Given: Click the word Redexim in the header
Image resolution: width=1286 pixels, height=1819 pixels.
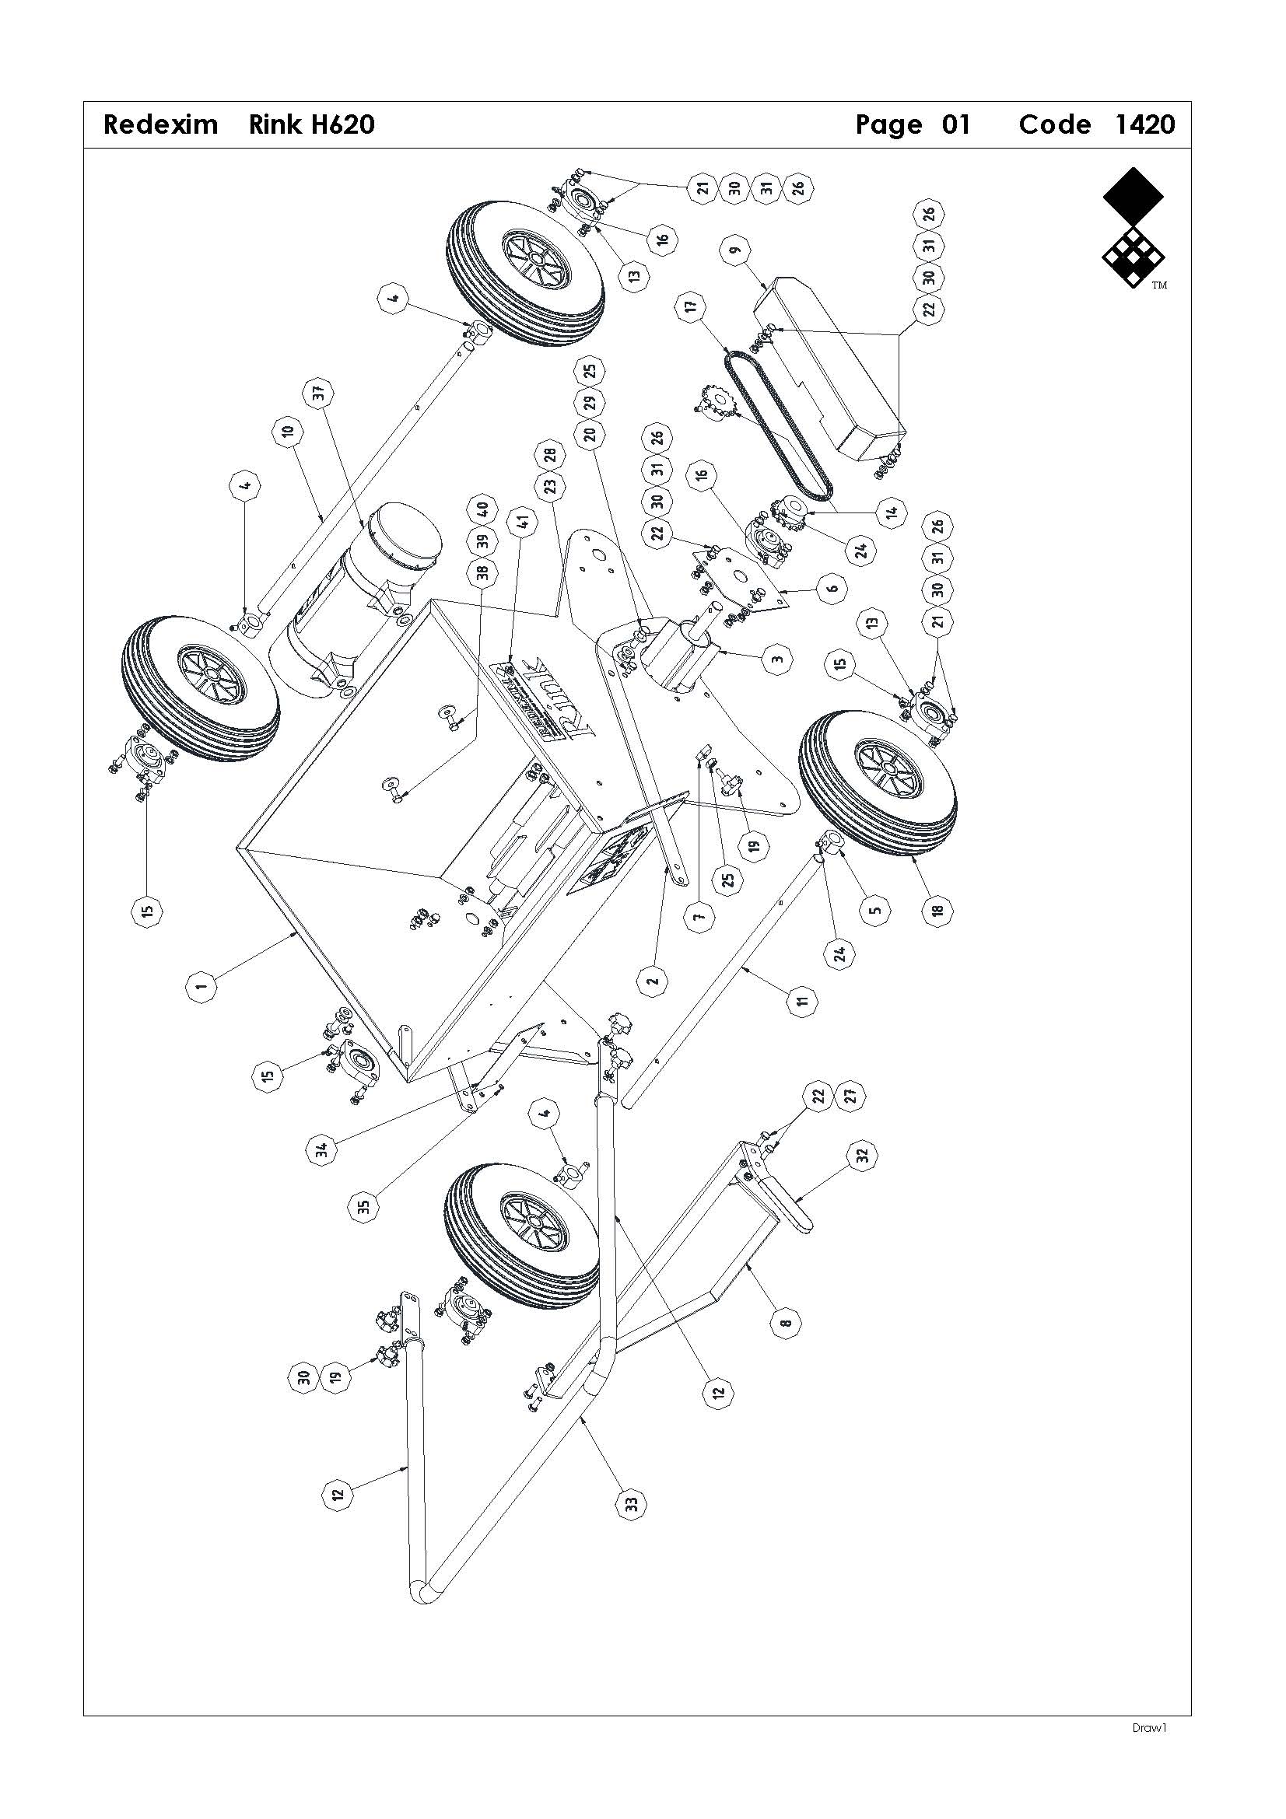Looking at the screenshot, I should pos(160,124).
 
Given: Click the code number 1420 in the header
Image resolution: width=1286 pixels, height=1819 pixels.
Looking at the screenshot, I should pos(1144,124).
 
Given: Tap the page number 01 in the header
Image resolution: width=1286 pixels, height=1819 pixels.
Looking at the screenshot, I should pos(955,124).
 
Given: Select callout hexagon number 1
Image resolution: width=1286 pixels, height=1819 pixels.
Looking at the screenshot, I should pos(202,986).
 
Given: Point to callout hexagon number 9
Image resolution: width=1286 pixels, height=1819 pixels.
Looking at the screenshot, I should pos(736,251).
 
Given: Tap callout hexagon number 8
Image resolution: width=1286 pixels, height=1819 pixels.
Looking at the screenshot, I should pos(785,1322).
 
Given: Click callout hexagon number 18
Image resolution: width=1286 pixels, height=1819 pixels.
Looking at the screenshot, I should pos(937,911).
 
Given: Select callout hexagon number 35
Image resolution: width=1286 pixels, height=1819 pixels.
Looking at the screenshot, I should pos(366,1207).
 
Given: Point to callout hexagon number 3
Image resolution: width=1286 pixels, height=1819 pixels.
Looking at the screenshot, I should pos(777,658).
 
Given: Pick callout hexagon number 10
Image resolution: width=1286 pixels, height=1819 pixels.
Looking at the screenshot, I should pos(288,432).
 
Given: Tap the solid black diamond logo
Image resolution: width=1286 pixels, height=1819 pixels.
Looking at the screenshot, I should pos(1133,195).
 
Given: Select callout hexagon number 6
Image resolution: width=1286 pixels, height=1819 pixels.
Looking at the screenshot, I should pos(831,588).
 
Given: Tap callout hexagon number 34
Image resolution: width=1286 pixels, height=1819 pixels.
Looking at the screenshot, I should pos(323,1146).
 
